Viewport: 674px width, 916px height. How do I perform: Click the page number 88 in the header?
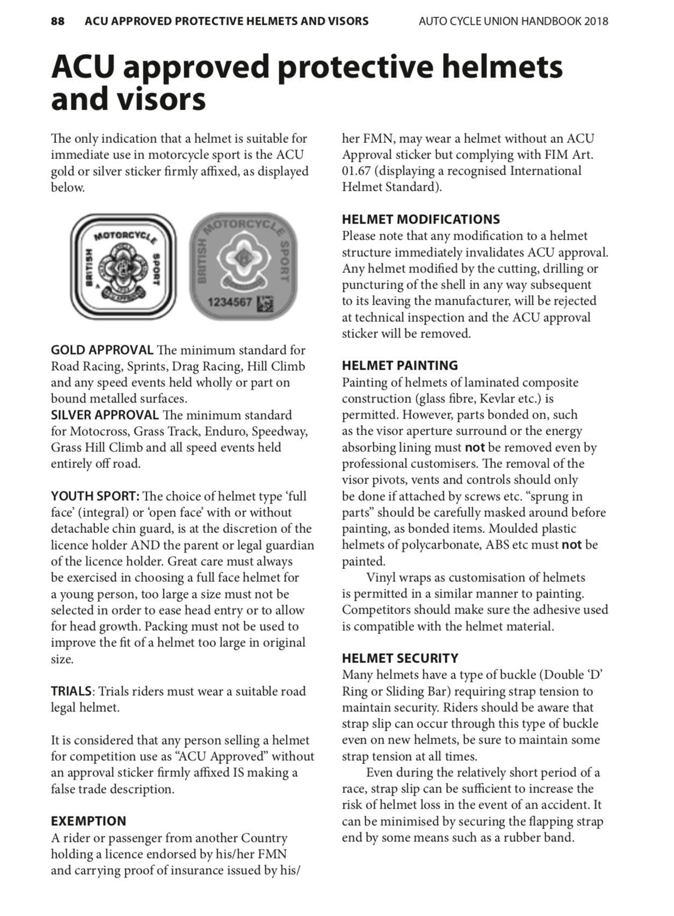[58, 21]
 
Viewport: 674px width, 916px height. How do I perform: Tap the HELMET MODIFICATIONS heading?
[421, 219]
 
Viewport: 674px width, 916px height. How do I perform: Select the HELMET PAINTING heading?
[400, 366]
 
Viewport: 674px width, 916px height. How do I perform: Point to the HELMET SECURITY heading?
[400, 658]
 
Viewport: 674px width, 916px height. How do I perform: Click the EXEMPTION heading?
[88, 821]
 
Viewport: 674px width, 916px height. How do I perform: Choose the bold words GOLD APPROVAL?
[102, 350]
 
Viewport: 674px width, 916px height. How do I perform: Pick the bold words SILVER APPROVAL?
[105, 415]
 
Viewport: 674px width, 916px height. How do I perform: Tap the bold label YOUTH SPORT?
[95, 496]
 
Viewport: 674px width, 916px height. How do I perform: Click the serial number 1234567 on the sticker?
[230, 302]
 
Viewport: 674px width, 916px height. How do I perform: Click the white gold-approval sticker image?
[123, 266]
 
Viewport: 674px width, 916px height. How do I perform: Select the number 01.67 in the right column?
[358, 171]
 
